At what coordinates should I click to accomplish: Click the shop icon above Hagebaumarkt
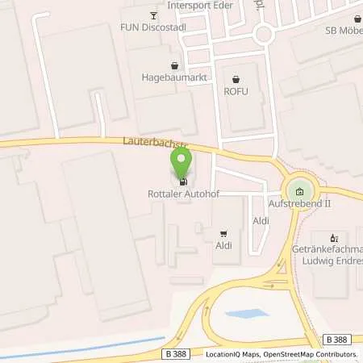(174, 65)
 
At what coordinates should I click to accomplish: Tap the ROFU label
(236, 91)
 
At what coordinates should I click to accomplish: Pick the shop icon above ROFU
(236, 79)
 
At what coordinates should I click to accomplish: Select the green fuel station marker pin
(182, 165)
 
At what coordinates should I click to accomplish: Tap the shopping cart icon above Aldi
(223, 232)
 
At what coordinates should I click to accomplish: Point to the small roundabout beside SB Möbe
(263, 33)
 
